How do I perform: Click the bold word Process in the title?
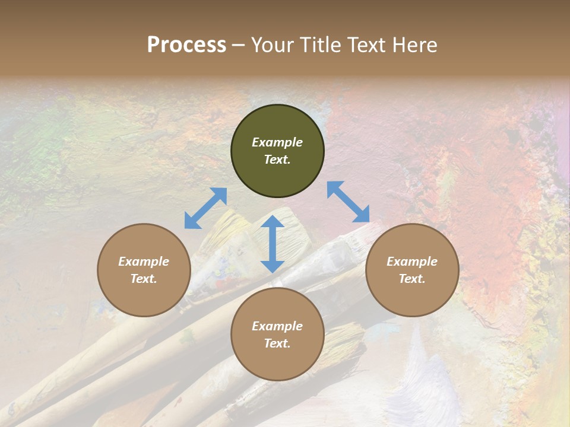(186, 45)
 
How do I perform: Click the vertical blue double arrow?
(273, 244)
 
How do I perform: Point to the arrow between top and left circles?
(205, 208)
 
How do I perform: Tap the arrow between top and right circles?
(349, 202)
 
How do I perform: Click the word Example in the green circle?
(277, 142)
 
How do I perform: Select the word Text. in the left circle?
(144, 279)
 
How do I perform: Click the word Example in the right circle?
(412, 262)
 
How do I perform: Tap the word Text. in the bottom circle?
(277, 343)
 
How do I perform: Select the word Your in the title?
(271, 45)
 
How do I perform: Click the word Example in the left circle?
(144, 262)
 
